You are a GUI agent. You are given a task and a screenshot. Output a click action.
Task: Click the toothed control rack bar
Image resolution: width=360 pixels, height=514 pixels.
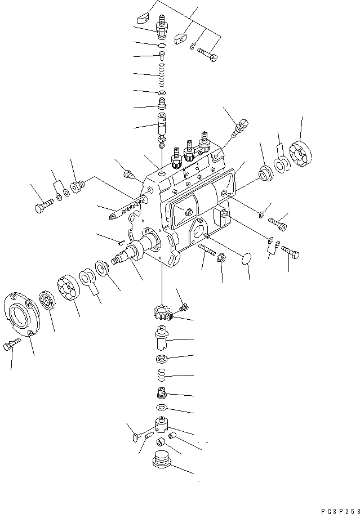click(127, 209)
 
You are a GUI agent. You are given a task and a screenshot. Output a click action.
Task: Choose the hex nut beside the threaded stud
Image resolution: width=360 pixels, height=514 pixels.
click(221, 259)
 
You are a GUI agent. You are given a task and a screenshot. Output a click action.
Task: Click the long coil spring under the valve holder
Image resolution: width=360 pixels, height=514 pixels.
click(161, 74)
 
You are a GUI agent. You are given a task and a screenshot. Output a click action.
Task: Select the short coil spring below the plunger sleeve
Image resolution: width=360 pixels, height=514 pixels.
click(161, 374)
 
